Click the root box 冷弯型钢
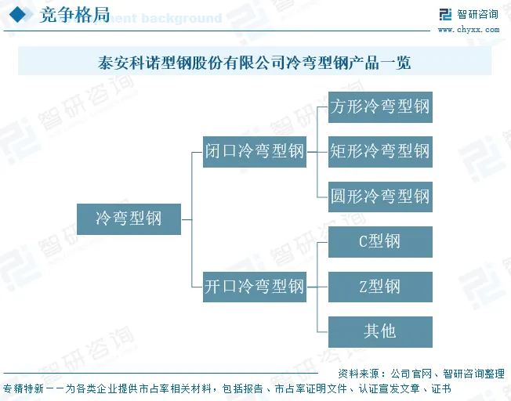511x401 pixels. (129, 219)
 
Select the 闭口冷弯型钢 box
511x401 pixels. (254, 151)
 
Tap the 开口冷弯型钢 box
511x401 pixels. (254, 287)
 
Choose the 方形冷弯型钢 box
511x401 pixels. (380, 107)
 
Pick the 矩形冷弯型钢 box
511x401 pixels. (380, 151)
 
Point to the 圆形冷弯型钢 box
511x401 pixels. (380, 196)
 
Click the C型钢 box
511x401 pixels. (380, 241)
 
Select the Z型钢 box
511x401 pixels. (380, 287)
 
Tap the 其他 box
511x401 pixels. (380, 331)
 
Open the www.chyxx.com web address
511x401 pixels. (468, 30)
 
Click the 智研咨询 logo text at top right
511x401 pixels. (477, 15)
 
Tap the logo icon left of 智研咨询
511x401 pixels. (446, 15)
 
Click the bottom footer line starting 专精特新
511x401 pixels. (227, 388)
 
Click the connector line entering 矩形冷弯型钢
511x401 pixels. (322, 151)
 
